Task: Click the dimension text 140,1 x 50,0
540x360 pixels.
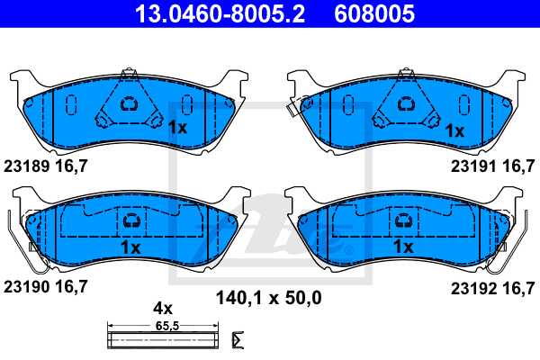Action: pyautogui.click(x=267, y=296)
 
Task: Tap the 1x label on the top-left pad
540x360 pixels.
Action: pyautogui.click(x=177, y=129)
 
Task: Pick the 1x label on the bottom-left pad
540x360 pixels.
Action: pyautogui.click(x=130, y=246)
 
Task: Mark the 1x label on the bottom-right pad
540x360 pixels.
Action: pyautogui.click(x=402, y=246)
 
